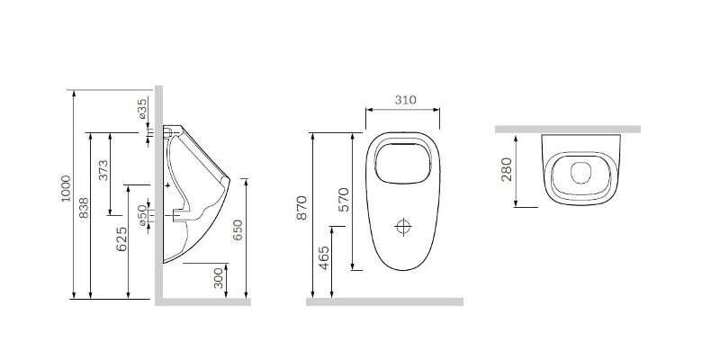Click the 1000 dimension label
[x=67, y=188]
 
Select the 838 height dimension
[x=84, y=208]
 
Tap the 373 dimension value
[x=103, y=170]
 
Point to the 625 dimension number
[x=121, y=239]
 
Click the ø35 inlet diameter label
[x=142, y=109]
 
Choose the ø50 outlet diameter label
[x=142, y=215]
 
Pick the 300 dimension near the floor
[x=219, y=278]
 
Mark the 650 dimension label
[x=238, y=229]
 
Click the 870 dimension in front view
[x=302, y=208]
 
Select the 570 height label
[x=343, y=200]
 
